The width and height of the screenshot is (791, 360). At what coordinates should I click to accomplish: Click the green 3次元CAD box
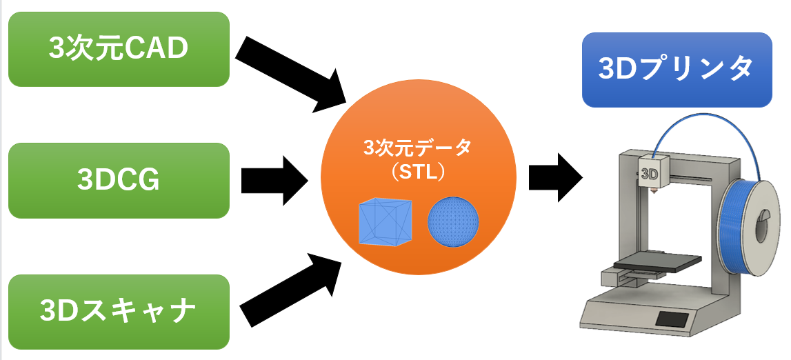118,49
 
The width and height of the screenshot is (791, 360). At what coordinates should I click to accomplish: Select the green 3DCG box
118,181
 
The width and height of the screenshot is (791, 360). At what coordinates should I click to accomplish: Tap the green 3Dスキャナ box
118,312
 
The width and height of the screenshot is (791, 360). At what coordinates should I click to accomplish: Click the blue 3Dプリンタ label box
677,70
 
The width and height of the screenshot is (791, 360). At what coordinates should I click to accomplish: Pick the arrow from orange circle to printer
555,177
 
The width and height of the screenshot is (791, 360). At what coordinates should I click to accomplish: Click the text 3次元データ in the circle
418,148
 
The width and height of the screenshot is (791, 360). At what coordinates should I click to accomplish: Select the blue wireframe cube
385,222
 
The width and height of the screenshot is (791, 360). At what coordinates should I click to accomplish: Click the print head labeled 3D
651,173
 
